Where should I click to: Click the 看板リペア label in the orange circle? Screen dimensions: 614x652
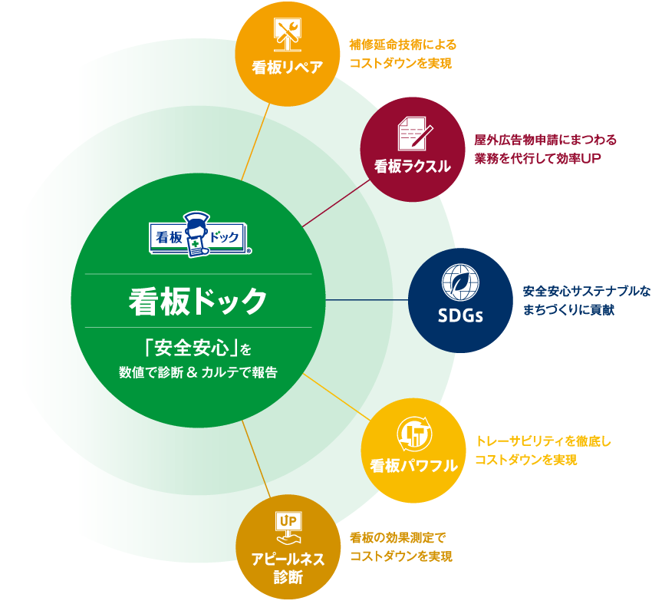[x=287, y=67]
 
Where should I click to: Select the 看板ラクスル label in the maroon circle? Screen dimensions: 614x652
[x=413, y=166]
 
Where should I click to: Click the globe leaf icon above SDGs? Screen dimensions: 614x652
[x=459, y=281]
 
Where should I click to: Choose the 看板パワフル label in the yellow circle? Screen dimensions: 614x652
[x=413, y=466]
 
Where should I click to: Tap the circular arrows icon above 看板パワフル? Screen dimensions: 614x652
[x=414, y=434]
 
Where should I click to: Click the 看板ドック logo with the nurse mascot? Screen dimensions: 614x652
[x=199, y=234]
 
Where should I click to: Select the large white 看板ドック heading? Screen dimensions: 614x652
[x=198, y=301]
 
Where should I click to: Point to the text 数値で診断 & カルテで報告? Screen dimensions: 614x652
[x=198, y=373]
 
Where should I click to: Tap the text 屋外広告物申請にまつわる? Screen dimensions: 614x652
[x=545, y=140]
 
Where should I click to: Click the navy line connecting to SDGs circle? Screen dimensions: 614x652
[x=368, y=300]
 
